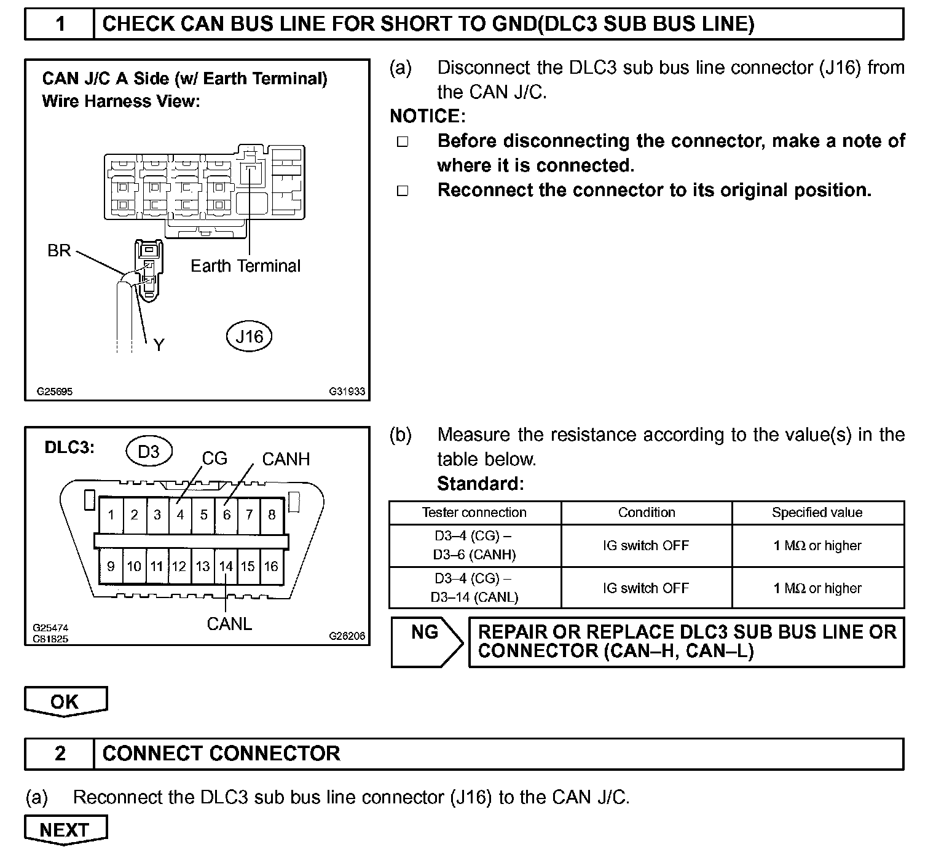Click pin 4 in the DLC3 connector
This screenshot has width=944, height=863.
tap(180, 515)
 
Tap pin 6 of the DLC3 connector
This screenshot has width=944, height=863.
tap(226, 515)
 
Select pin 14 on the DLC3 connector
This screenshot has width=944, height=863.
tap(226, 567)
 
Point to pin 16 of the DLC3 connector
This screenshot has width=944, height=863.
tap(271, 567)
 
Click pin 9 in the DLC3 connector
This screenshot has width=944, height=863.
tap(111, 567)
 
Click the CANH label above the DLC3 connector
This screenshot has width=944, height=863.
tap(286, 459)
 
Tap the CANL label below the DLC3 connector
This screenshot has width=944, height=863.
tap(229, 624)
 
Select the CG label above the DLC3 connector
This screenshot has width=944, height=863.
tap(214, 459)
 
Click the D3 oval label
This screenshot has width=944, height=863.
tap(149, 452)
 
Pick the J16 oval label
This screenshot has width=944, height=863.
tap(249, 336)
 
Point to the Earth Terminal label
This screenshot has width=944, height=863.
tap(245, 266)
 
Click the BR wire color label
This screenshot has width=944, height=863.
tap(59, 251)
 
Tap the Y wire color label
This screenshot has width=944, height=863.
tap(159, 345)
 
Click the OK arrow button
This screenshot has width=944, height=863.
tap(65, 701)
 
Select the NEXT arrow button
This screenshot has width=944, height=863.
tap(65, 830)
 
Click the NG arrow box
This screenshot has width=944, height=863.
tap(425, 642)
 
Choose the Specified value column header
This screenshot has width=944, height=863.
tap(817, 513)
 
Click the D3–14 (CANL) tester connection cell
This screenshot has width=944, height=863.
tap(474, 588)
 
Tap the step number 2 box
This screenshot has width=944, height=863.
tap(60, 754)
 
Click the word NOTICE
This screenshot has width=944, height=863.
tap(427, 116)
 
